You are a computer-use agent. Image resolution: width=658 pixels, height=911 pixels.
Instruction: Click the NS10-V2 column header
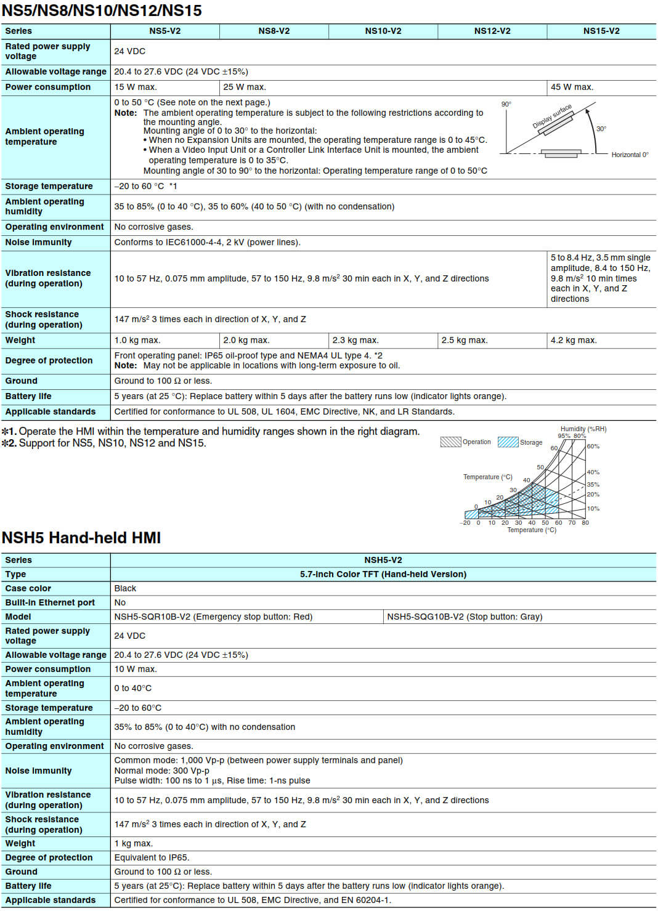tap(383, 31)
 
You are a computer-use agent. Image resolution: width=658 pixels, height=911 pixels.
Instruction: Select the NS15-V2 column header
tap(601, 31)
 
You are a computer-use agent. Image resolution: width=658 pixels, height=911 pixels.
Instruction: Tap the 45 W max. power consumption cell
tap(572, 87)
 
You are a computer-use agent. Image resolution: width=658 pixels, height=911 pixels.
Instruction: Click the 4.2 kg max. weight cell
tap(574, 340)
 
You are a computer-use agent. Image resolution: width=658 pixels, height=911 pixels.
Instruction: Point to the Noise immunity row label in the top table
tap(38, 242)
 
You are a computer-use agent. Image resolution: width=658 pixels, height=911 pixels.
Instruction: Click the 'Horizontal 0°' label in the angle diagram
tap(630, 155)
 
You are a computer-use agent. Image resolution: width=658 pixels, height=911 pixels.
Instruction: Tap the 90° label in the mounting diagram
tap(506, 104)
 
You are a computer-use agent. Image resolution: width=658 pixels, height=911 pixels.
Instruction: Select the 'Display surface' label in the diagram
tap(552, 116)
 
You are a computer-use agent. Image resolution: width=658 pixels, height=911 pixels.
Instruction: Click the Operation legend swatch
tap(450, 442)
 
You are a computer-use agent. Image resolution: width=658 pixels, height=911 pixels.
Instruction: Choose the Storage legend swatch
tap(508, 442)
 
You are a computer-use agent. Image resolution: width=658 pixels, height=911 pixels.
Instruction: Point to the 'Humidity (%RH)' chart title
tap(583, 429)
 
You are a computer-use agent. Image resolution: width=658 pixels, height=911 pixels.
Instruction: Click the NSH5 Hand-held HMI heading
tap(81, 538)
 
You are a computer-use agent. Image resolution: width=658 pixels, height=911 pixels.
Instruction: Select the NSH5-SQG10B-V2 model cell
tap(465, 617)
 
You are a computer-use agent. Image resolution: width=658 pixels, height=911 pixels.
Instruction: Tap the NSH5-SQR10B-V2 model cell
tap(213, 617)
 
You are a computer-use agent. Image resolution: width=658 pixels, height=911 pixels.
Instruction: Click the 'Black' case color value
tap(125, 588)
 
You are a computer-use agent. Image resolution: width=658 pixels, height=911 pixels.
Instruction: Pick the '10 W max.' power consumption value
tap(136, 669)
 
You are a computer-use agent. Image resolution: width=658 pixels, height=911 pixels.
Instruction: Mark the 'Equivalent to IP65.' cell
tap(152, 857)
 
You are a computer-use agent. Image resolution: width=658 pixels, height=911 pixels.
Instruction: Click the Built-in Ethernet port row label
tap(50, 602)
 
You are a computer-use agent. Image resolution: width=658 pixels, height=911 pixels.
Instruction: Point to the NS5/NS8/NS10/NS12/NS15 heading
tap(102, 10)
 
